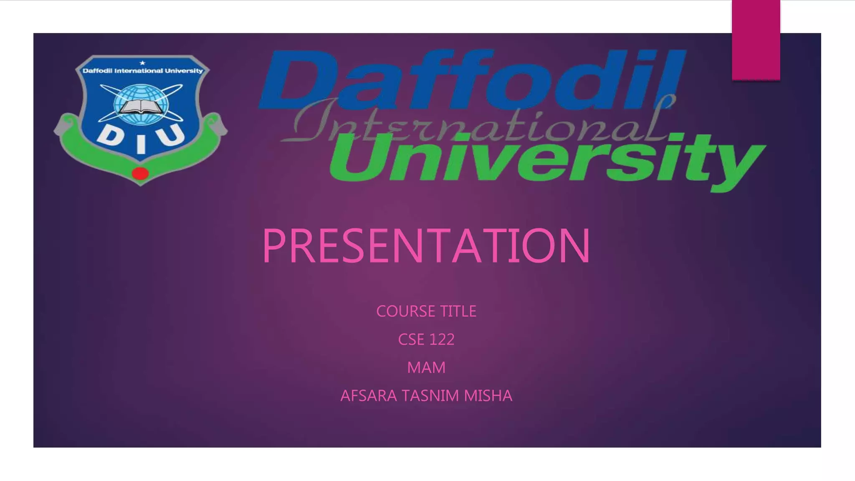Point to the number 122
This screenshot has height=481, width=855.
click(442, 339)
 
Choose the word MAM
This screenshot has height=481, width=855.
click(426, 368)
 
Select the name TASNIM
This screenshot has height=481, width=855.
click(430, 396)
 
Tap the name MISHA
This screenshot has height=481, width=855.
click(488, 396)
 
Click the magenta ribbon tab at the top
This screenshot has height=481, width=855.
click(756, 40)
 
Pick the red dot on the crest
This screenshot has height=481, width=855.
click(140, 173)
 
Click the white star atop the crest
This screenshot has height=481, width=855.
click(142, 63)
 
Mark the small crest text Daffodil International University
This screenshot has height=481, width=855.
click(142, 71)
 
